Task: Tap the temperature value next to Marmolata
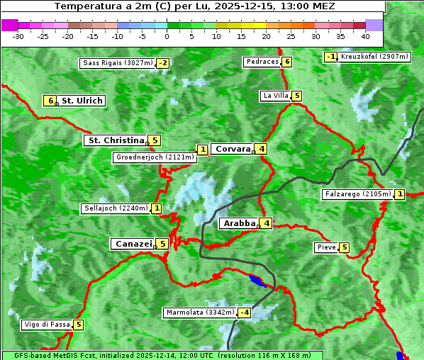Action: (245, 313)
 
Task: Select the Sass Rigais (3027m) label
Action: (117, 63)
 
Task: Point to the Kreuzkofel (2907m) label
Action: (374, 56)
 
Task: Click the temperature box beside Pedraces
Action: (286, 62)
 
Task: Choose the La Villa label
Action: (275, 96)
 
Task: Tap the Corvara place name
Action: (233, 149)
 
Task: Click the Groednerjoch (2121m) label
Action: (155, 157)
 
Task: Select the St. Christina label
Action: (116, 140)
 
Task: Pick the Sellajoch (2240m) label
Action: (116, 208)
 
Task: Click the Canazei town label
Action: (133, 244)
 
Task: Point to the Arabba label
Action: (239, 223)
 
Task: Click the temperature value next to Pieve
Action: (344, 247)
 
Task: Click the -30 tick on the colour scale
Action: (18, 35)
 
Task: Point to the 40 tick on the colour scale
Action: (365, 35)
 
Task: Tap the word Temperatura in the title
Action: (84, 6)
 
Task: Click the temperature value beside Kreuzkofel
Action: (330, 57)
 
